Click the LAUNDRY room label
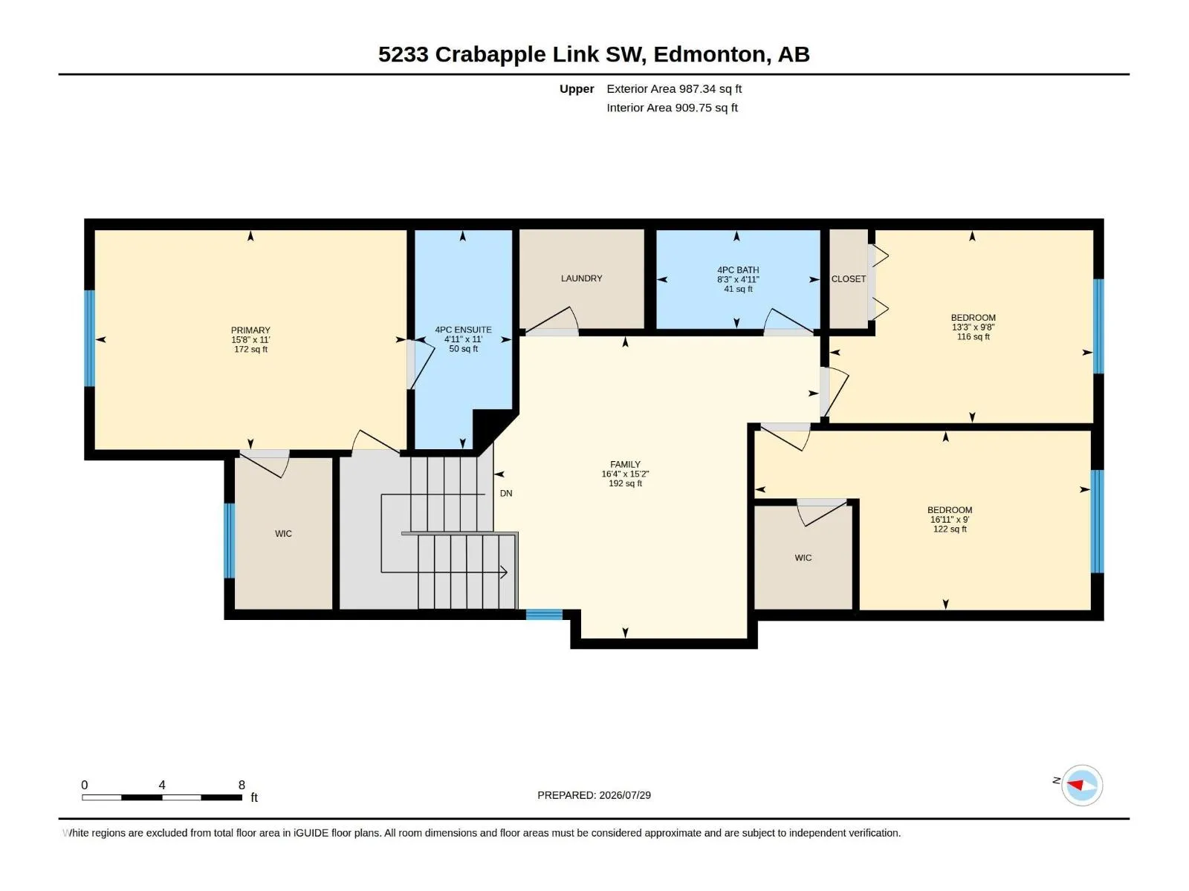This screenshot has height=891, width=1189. (581, 278)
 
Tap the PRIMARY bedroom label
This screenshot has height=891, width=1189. (250, 330)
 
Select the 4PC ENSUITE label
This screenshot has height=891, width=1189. (463, 330)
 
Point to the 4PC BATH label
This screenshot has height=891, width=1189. (738, 270)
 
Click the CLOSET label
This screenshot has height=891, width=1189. (849, 278)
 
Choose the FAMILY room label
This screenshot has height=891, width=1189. (625, 464)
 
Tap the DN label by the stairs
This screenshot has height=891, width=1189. (506, 493)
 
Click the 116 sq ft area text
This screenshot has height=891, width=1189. (973, 336)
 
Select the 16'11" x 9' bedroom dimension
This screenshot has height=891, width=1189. (950, 519)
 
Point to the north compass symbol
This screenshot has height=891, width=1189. (1082, 785)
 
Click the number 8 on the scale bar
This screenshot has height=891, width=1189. (242, 785)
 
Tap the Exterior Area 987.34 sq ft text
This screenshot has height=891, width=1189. (674, 88)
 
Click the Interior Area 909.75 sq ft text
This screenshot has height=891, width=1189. (673, 108)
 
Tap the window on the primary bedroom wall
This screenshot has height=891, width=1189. (89, 338)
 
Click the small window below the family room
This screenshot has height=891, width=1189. (544, 614)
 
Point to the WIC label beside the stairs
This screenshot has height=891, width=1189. (283, 533)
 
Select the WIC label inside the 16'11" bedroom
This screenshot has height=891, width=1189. (803, 558)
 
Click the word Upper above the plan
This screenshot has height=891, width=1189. (577, 89)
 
